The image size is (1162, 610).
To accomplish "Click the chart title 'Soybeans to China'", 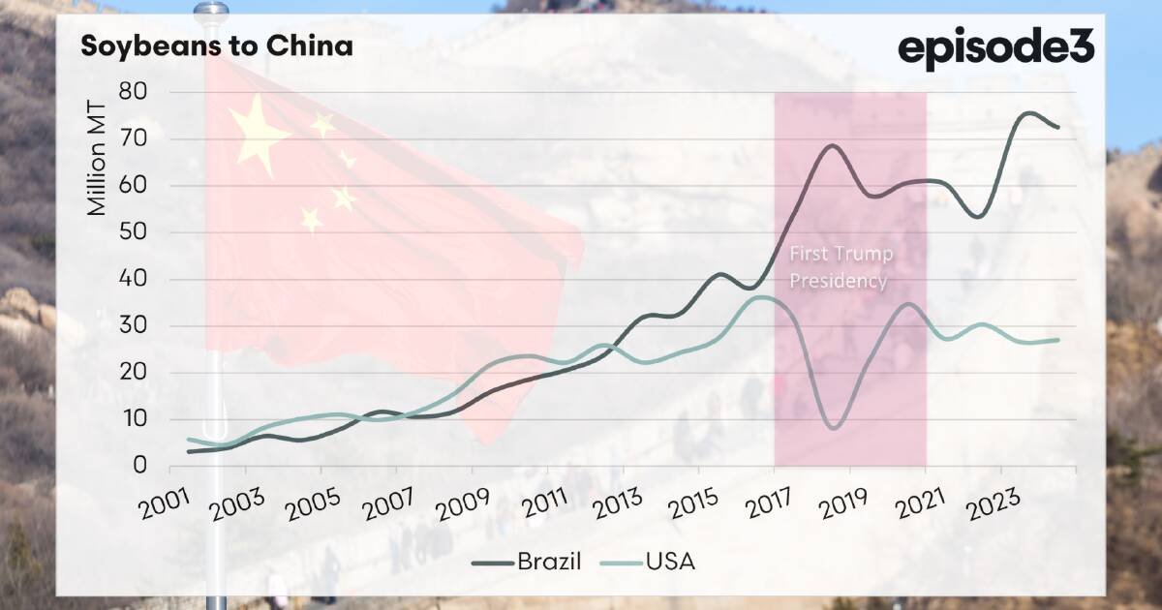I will tap(216, 46).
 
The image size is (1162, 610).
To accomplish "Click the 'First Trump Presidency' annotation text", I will tap(839, 268).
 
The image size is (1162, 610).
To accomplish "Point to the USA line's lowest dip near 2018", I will tap(834, 427).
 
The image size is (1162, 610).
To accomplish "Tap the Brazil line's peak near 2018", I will tap(832, 145).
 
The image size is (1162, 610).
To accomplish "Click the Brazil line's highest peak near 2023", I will tap(1028, 113).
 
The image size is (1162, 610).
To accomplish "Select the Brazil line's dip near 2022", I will tap(978, 217).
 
